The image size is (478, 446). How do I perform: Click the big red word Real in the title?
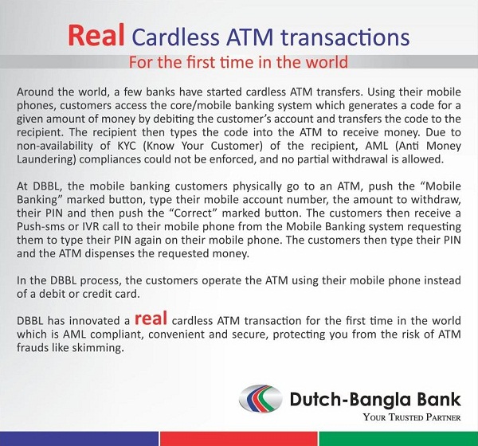[x=96, y=36]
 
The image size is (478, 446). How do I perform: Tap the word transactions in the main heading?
[x=345, y=37]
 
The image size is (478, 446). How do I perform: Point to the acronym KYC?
[x=127, y=146]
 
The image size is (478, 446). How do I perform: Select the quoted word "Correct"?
[x=192, y=213]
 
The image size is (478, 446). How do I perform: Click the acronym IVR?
[x=91, y=227]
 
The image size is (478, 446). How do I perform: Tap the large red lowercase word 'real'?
[x=151, y=318]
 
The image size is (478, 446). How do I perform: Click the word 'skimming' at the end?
[x=98, y=348]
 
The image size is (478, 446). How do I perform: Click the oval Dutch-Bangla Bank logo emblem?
[x=261, y=398]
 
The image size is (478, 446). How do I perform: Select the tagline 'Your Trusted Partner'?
[x=412, y=417]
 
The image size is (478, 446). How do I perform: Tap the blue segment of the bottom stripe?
[x=79, y=439]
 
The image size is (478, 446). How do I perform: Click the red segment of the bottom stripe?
[x=239, y=439]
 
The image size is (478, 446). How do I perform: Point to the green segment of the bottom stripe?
[x=398, y=439]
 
